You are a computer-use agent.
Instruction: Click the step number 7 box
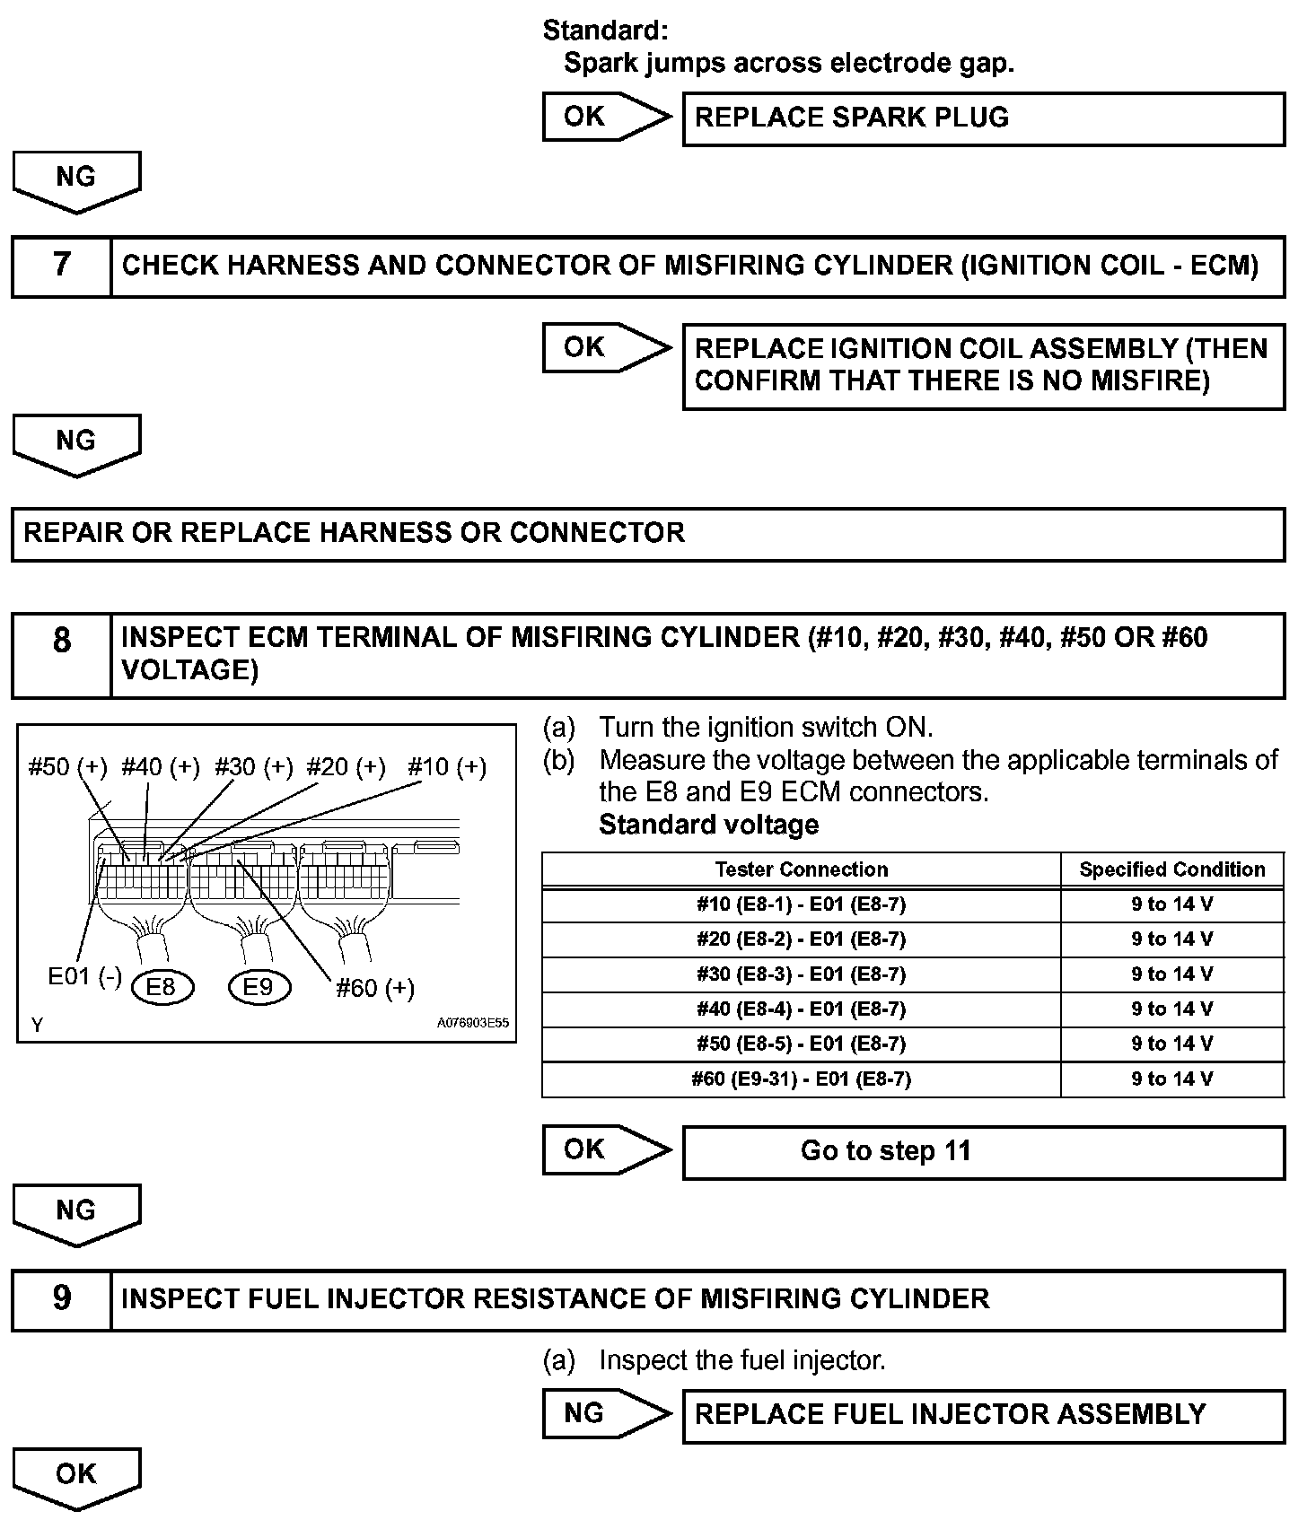pyautogui.click(x=61, y=266)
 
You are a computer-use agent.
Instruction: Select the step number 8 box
pyautogui.click(x=61, y=654)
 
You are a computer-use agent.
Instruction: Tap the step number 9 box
pyautogui.click(x=61, y=1299)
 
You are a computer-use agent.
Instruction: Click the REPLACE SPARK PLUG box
pyautogui.click(x=983, y=118)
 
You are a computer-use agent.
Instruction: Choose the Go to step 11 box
pyautogui.click(x=983, y=1151)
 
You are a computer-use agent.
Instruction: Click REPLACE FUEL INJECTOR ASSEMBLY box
pyautogui.click(x=983, y=1415)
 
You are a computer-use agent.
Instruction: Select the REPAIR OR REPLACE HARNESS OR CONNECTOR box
pyautogui.click(x=647, y=534)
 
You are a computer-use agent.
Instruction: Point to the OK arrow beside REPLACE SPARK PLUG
pyautogui.click(x=606, y=117)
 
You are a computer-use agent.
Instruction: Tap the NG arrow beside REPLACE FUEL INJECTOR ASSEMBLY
pyautogui.click(x=606, y=1414)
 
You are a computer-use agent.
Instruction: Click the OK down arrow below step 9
pyautogui.click(x=76, y=1477)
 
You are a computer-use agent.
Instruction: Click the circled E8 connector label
pyautogui.click(x=161, y=988)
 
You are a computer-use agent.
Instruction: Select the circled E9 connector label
pyautogui.click(x=259, y=988)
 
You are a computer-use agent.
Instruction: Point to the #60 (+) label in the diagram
pyautogui.click(x=375, y=989)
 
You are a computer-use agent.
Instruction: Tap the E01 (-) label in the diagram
pyautogui.click(x=84, y=977)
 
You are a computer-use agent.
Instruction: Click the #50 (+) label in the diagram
pyautogui.click(x=67, y=767)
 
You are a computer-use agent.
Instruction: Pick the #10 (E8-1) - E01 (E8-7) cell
pyautogui.click(x=801, y=904)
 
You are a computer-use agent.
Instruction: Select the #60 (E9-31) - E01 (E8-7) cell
pyautogui.click(x=801, y=1079)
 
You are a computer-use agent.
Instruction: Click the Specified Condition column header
pyautogui.click(x=1171, y=869)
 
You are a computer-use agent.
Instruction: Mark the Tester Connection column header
pyautogui.click(x=801, y=869)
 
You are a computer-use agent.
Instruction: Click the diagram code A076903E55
pyautogui.click(x=473, y=1023)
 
